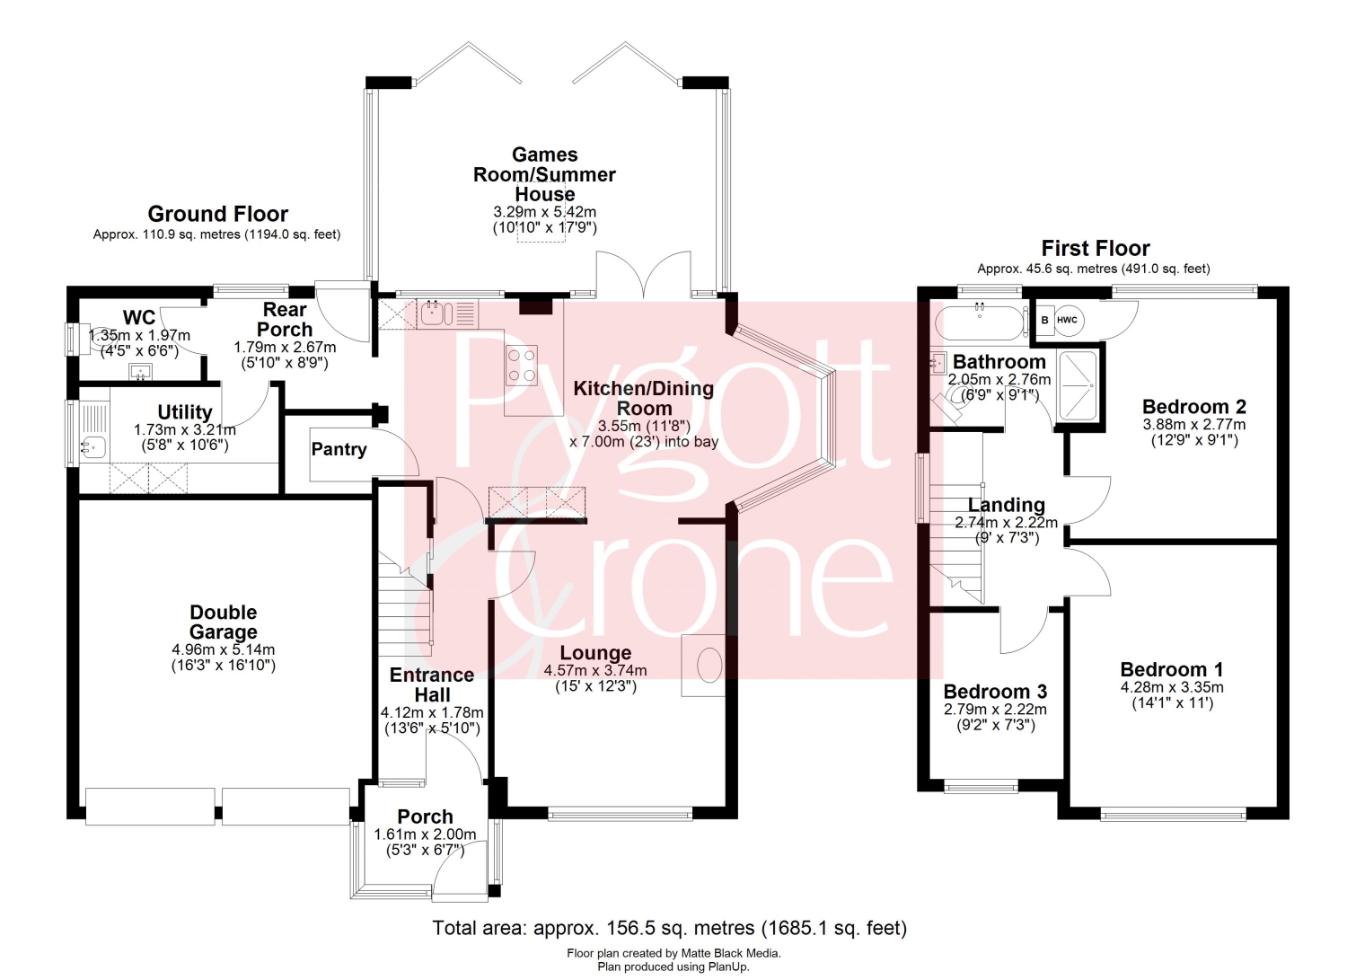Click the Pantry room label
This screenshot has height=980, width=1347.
click(x=339, y=449)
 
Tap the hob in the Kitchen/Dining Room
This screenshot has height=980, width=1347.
click(x=522, y=366)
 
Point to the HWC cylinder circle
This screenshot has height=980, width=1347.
click(x=1068, y=320)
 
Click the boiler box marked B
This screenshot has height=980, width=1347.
click(x=1044, y=320)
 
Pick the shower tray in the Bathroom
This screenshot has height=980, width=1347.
click(x=1078, y=385)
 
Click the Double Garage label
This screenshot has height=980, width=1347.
click(x=223, y=622)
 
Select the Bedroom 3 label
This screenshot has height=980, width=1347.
click(x=995, y=692)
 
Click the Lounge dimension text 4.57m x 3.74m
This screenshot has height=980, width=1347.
click(x=595, y=670)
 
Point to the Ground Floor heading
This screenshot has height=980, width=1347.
click(x=217, y=214)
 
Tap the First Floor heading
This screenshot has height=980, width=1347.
click(x=1096, y=248)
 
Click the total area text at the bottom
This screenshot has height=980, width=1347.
click(x=669, y=928)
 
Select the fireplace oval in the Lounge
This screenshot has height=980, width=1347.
click(x=709, y=665)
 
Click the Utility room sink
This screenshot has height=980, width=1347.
click(x=94, y=447)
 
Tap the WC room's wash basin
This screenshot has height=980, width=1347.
click(x=140, y=372)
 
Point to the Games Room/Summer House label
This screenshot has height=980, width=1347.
click(x=544, y=174)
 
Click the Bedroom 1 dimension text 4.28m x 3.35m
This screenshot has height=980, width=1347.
click(x=1171, y=687)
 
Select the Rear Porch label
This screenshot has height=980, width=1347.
click(x=285, y=320)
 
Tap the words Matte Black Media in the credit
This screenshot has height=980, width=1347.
click(x=729, y=953)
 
